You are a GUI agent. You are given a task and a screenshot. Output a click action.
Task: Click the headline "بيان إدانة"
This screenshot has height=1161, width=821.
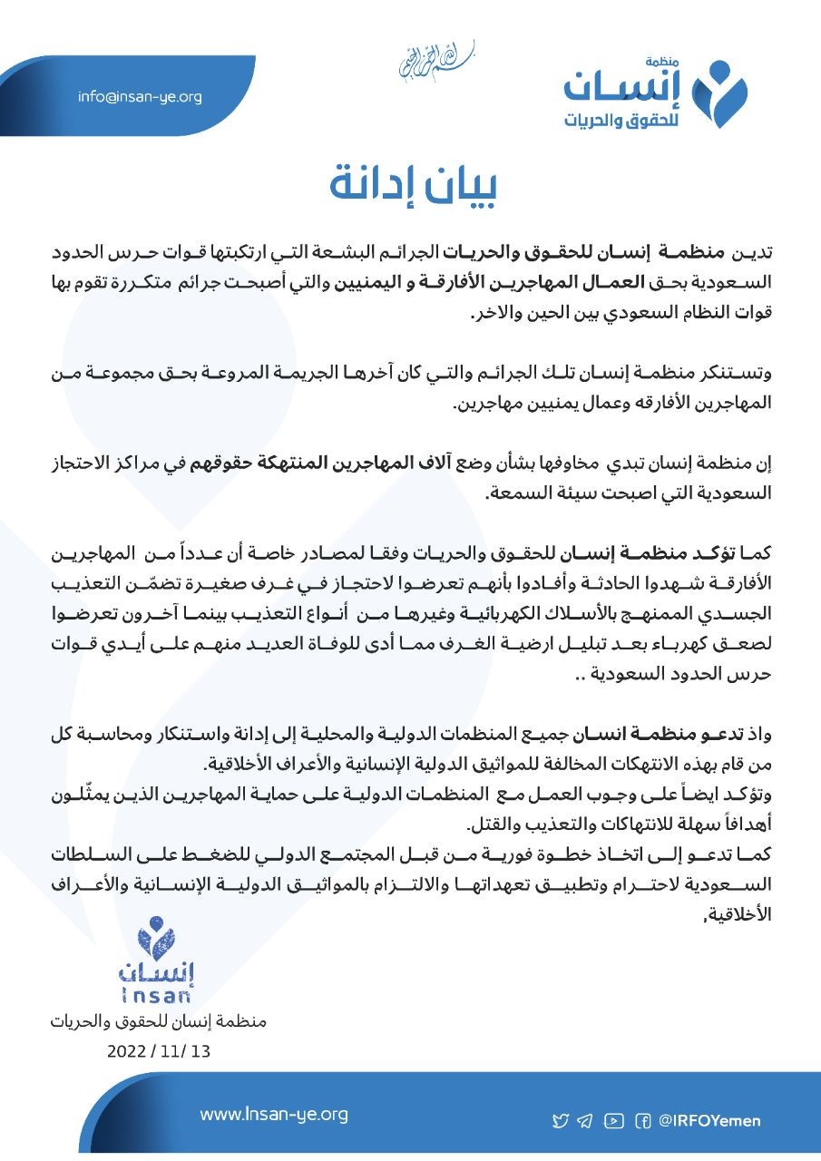[x=412, y=183]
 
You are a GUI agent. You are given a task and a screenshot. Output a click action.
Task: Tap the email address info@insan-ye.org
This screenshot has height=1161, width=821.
[x=140, y=97]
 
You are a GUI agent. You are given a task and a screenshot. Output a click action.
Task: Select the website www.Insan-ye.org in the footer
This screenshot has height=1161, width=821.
[x=274, y=1114]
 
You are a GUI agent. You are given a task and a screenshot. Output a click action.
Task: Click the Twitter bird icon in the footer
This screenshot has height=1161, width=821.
[x=561, y=1121]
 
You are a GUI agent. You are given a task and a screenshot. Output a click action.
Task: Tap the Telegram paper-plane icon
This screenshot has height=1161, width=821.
[x=585, y=1121]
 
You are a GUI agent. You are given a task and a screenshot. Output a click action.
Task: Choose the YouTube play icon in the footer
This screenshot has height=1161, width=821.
[x=613, y=1121]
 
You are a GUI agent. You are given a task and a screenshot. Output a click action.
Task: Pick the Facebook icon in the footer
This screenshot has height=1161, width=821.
[x=643, y=1121]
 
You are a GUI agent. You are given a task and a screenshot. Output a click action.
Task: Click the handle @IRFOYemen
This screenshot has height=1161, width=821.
[x=710, y=1121]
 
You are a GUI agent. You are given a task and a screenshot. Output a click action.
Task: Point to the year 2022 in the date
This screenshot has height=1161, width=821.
[x=127, y=1052]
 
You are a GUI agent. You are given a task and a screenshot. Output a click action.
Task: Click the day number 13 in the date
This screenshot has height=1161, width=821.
[x=200, y=1052]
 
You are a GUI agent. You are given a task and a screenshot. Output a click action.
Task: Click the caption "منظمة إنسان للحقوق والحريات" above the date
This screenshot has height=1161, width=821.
[x=159, y=1021]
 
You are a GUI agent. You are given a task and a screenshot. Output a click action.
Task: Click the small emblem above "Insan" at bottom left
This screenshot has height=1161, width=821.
[x=157, y=937]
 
